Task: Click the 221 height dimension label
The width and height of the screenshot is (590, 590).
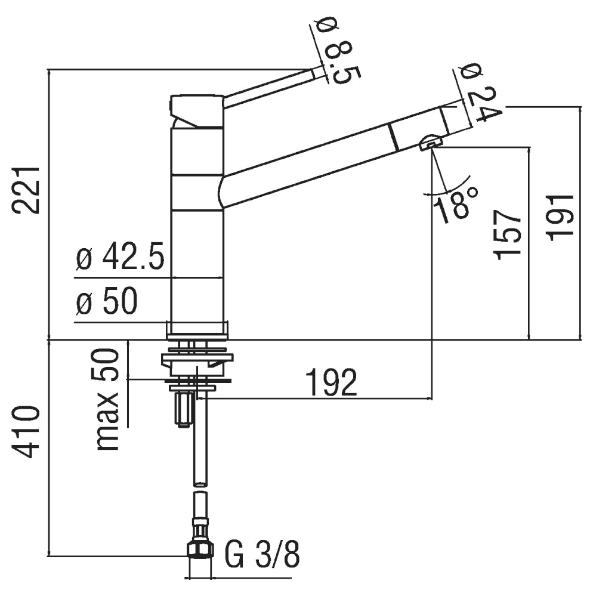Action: point(26,190)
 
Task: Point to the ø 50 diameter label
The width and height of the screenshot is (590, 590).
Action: point(106,302)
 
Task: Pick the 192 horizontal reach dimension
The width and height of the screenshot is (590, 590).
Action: point(332,382)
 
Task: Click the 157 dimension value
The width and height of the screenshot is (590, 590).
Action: point(507,235)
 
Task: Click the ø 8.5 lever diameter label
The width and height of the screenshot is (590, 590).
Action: point(337,51)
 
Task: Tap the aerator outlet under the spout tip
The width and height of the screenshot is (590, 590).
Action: point(430,143)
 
